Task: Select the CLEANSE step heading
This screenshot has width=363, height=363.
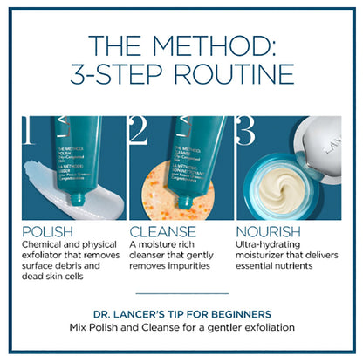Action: [x=163, y=232]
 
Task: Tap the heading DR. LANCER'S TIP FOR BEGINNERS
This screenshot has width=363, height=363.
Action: [x=181, y=313]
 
